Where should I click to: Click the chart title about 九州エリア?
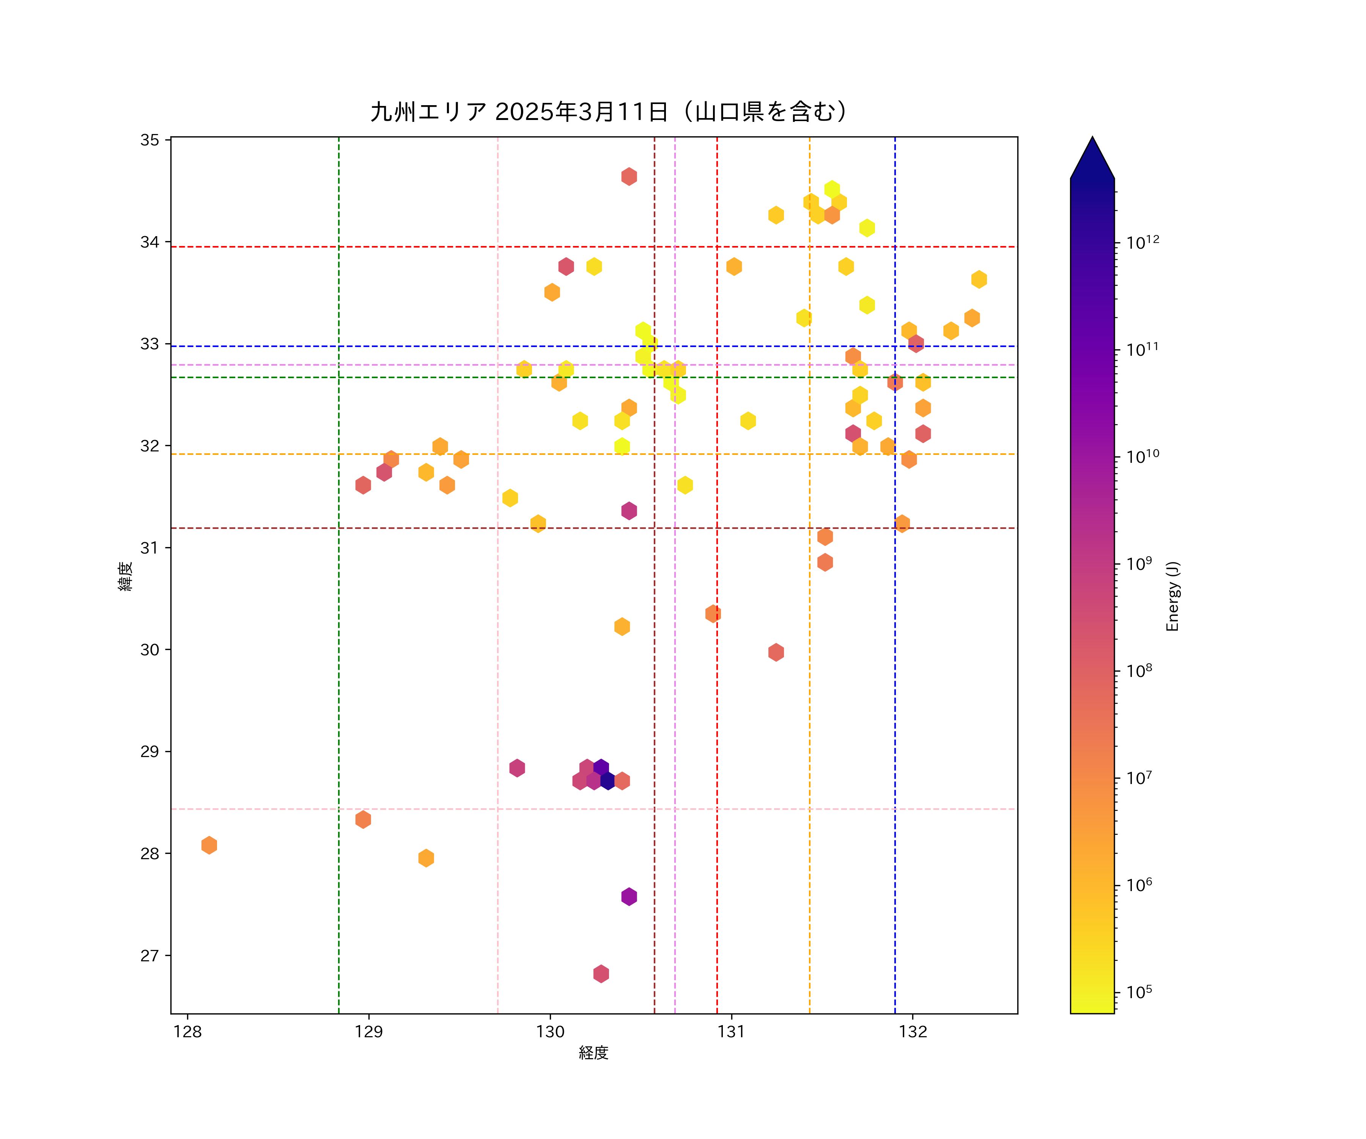[609, 112]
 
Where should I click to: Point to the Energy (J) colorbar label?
[1172, 596]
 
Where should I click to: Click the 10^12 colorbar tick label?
[1143, 243]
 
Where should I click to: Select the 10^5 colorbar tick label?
[1139, 992]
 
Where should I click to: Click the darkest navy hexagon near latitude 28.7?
[607, 780]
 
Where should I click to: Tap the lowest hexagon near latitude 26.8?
[601, 974]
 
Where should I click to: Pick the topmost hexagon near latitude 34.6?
[628, 177]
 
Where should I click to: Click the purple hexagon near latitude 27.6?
[628, 897]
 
